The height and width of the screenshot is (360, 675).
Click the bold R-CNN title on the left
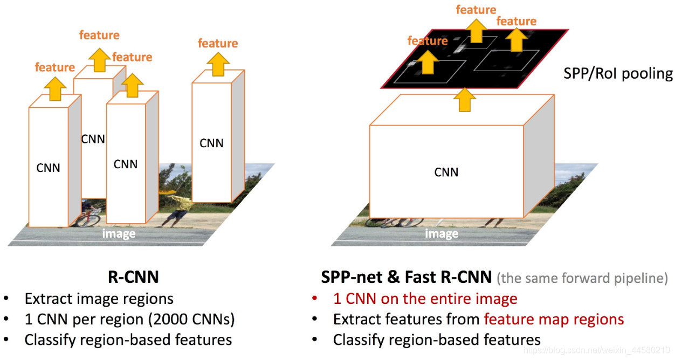[x=133, y=277]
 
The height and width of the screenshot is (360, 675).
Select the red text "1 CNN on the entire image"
[x=425, y=299]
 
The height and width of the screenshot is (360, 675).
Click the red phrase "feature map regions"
[x=554, y=320]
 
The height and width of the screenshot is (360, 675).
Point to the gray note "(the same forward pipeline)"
[x=582, y=278]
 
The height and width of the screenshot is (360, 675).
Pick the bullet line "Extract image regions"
[x=99, y=299]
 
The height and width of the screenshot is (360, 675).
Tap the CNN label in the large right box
[x=446, y=172]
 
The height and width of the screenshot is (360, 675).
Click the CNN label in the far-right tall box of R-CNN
[x=211, y=143]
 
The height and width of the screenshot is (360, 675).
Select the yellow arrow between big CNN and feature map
[x=465, y=100]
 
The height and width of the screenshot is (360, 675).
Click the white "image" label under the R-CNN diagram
[x=119, y=234]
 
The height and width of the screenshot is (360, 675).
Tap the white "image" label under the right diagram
[x=442, y=234]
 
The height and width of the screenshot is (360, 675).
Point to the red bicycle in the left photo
[x=88, y=218]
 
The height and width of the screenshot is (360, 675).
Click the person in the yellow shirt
[x=176, y=210]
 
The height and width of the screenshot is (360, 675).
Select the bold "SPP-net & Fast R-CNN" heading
[x=406, y=277]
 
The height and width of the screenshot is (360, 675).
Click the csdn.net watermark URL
[x=597, y=350]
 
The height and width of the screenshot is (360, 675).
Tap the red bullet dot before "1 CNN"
[x=315, y=298]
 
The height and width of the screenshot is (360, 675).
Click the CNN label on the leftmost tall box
[x=48, y=168]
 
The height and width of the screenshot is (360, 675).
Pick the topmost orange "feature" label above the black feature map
[x=476, y=10]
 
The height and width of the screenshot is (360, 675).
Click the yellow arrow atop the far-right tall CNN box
[x=218, y=65]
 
